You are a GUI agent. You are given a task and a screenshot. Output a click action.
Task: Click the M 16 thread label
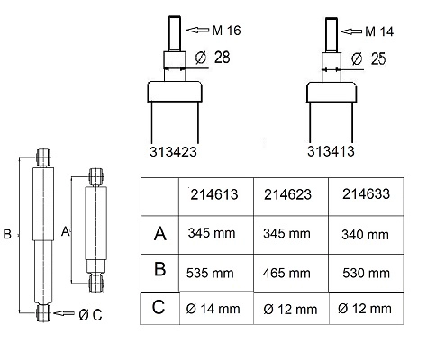pyautogui.click(x=226, y=31)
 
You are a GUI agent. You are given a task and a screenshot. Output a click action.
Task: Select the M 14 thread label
pyautogui.click(x=379, y=31)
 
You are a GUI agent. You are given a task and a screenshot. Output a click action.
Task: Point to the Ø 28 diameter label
pyautogui.click(x=213, y=58)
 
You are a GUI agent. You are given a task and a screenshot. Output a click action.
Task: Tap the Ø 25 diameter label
pyautogui.click(x=368, y=58)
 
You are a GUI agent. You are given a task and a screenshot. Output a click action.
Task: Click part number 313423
pyautogui.click(x=173, y=152)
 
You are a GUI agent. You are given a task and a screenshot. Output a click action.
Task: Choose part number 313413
pyautogui.click(x=331, y=151)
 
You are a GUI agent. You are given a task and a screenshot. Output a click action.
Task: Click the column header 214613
pyautogui.click(x=214, y=194)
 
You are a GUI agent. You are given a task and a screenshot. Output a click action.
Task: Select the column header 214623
pyautogui.click(x=287, y=194)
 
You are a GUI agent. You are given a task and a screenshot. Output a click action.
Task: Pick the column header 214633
pyautogui.click(x=366, y=194)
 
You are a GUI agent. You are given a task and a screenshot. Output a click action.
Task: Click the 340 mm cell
pyautogui.click(x=365, y=235)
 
